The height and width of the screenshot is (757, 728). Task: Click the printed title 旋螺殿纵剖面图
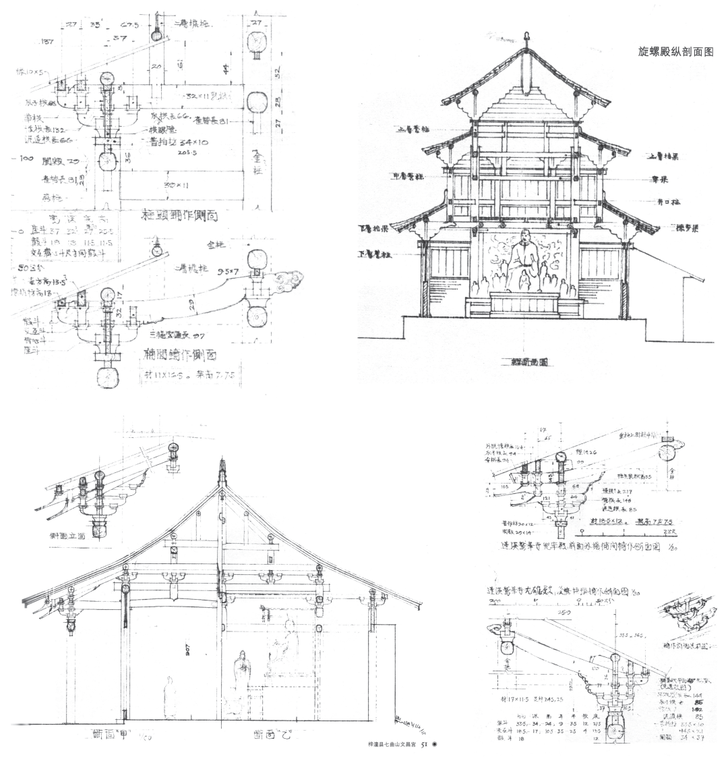(x=675, y=51)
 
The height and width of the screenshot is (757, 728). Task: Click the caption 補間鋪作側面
(x=181, y=353)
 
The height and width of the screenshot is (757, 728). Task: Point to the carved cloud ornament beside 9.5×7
(x=286, y=279)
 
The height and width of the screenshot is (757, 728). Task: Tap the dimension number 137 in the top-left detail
(x=47, y=42)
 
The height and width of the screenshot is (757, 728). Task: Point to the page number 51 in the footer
(x=425, y=745)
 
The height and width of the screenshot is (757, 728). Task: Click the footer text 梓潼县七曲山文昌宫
(x=390, y=745)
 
